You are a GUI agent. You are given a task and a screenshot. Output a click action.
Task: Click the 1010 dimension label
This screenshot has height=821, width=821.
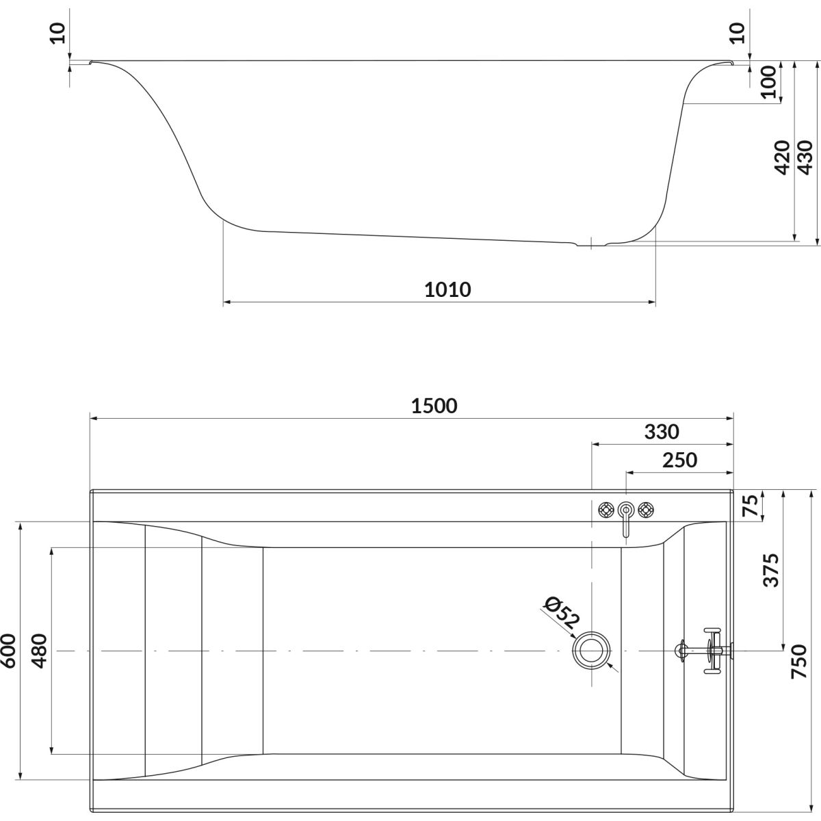447,289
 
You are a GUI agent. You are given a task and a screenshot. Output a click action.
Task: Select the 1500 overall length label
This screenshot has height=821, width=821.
434,406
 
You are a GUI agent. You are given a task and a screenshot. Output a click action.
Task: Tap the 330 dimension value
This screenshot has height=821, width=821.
661,432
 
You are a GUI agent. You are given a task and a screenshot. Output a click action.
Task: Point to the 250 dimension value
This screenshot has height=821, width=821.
679,460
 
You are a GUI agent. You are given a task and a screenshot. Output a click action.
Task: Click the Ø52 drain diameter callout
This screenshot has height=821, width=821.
562,614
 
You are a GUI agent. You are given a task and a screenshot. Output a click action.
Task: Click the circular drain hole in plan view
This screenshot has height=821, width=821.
591,651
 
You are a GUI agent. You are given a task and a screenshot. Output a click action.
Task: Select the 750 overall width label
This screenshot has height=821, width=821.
799,662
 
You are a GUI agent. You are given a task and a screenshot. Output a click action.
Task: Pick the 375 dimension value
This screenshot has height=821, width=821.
771,570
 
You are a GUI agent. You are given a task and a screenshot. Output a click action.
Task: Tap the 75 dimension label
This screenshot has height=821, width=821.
753,506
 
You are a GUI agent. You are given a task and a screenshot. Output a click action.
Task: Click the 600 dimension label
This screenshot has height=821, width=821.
8,651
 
